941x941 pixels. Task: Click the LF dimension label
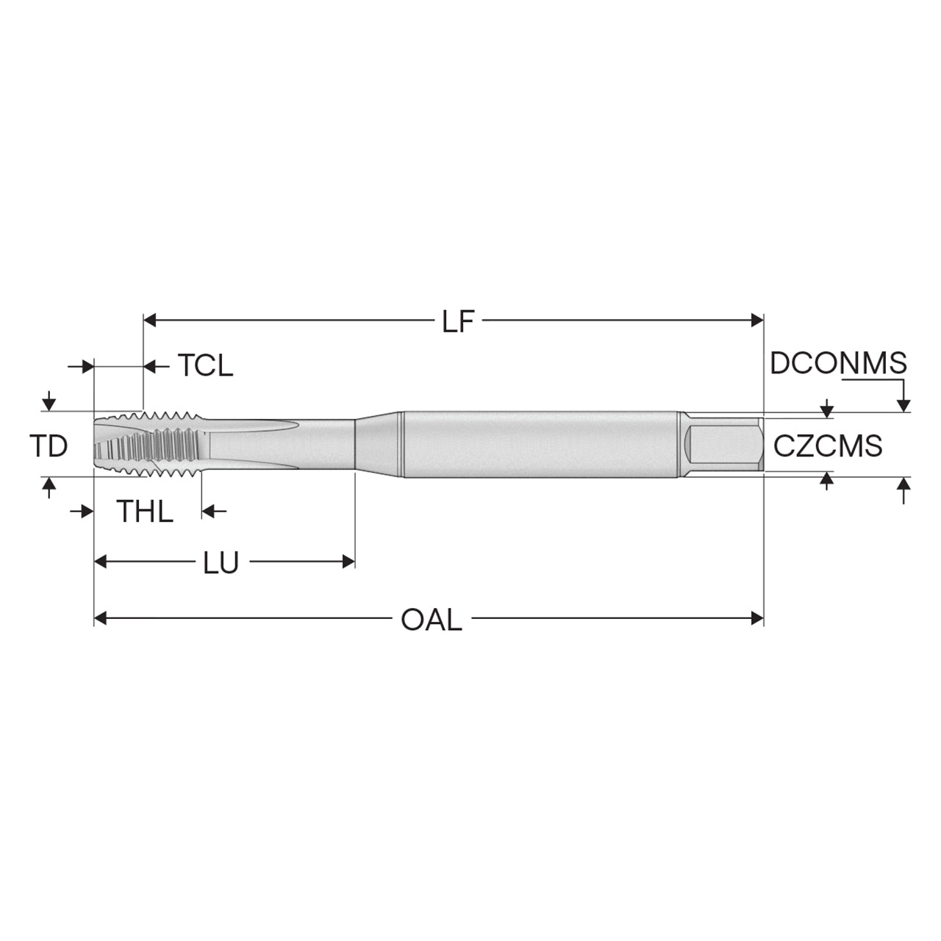458,321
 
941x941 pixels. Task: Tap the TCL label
205,365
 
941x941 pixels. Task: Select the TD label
49,446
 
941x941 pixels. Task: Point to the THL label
146,512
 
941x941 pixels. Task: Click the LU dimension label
221,562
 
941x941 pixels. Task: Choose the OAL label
432,620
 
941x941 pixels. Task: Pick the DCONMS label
838,363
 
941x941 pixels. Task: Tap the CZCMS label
828,446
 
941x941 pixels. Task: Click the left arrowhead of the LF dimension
149,321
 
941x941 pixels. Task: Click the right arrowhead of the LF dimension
757,321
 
